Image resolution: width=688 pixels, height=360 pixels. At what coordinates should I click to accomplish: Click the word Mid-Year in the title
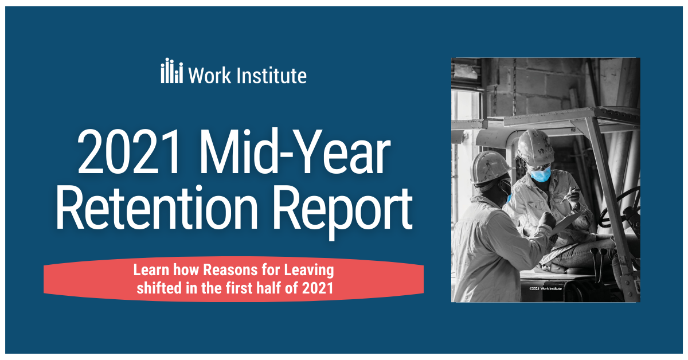pyautogui.click(x=297, y=152)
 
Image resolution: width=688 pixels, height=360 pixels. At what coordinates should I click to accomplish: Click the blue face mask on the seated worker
pyautogui.click(x=540, y=173)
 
